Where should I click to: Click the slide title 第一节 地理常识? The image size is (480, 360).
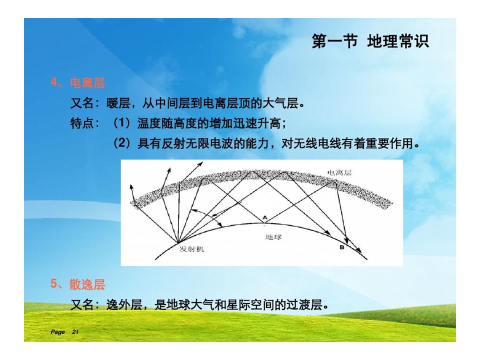tap(370, 41)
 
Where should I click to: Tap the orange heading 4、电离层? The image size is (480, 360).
tap(78, 82)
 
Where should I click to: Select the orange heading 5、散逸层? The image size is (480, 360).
tap(78, 284)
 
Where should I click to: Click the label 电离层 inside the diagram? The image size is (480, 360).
tap(339, 172)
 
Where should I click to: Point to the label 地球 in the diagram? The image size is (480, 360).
tap(273, 236)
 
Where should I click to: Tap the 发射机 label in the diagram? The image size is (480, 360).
tap(191, 249)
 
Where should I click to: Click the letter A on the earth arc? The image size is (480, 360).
tap(265, 217)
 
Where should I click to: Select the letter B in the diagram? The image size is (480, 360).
tap(342, 247)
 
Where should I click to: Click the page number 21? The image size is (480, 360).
tap(75, 332)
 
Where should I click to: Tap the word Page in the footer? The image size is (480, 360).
tap(57, 332)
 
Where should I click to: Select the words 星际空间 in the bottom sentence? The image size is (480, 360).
tap(249, 304)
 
